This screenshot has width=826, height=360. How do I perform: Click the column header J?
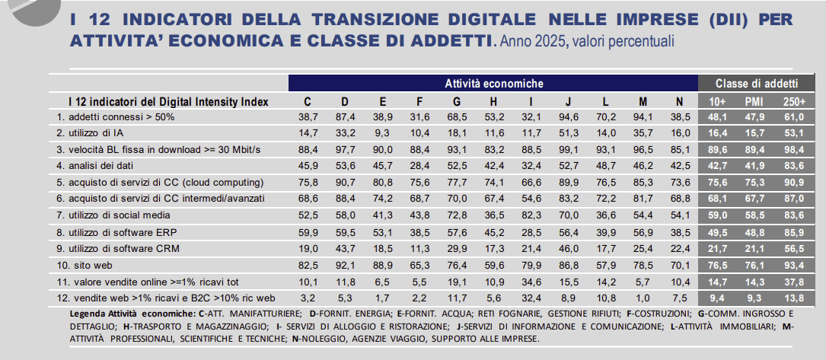(568, 101)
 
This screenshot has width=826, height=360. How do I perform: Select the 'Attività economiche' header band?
(493, 83)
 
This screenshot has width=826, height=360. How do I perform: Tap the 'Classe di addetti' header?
(757, 83)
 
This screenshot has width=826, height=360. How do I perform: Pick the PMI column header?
(754, 101)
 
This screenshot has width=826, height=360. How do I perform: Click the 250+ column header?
(793, 101)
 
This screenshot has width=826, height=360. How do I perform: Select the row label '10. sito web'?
(85, 266)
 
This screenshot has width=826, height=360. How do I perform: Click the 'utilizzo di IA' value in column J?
(568, 132)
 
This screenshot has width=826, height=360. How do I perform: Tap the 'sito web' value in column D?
(344, 266)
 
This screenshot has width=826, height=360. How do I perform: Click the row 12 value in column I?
(531, 298)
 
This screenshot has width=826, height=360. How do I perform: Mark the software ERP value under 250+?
(793, 231)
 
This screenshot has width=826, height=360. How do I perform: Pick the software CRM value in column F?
(419, 249)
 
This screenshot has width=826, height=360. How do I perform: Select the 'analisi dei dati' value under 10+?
(717, 165)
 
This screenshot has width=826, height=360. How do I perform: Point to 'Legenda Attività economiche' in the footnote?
(132, 313)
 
